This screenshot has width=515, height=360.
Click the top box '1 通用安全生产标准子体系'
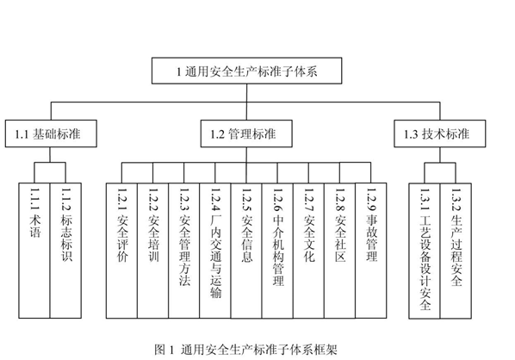[246, 71]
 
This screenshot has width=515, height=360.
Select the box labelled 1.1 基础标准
[51, 133]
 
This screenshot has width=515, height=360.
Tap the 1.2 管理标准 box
[246, 133]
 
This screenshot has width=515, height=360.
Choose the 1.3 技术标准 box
[440, 133]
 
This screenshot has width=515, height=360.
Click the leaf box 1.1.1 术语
[34, 251]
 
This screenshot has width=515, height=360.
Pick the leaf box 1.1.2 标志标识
[65, 251]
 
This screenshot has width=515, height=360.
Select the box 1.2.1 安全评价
[121, 251]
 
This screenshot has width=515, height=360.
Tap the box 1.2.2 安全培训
[152, 251]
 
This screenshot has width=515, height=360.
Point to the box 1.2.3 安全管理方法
[184, 251]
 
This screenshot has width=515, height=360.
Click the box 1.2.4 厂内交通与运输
[215, 251]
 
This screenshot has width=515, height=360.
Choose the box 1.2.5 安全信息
[246, 251]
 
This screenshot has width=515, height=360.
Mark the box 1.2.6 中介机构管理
[277, 251]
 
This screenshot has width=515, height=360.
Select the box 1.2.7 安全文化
[308, 251]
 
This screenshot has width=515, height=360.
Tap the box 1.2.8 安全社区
[340, 251]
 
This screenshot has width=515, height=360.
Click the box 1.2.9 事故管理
[371, 251]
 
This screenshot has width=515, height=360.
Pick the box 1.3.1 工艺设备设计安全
[425, 251]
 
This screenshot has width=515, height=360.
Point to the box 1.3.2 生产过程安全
[456, 251]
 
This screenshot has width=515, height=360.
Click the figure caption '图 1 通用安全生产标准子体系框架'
[246, 349]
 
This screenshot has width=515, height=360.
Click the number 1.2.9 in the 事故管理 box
[371, 200]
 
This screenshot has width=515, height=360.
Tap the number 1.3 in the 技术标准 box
[411, 134]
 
